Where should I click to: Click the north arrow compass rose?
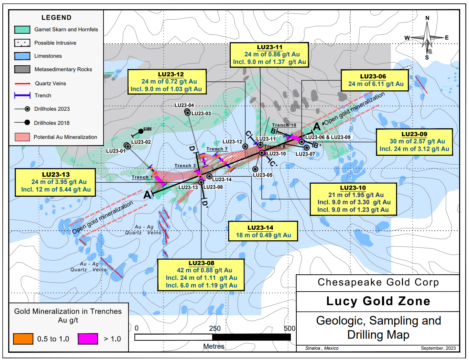(427, 38)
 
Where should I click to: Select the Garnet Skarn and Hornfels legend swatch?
(22, 30)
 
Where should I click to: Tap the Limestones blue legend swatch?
(22, 56)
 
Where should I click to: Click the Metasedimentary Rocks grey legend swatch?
(22, 69)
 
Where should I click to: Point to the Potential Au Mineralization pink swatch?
(22, 137)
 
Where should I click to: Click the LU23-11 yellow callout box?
(269, 55)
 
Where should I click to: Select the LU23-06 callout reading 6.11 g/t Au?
(374, 80)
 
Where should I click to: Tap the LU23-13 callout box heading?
(56, 175)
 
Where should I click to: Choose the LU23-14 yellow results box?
(263, 231)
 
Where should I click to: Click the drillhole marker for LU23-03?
(187, 112)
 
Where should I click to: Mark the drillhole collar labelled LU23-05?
(255, 169)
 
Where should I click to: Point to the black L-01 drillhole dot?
(141, 131)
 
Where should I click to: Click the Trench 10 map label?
(284, 125)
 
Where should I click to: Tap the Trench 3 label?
(185, 166)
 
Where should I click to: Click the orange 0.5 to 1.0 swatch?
(23, 339)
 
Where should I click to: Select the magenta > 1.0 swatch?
(88, 339)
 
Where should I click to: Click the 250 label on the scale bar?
(215, 328)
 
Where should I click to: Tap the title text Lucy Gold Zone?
(378, 301)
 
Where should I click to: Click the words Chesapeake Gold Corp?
(378, 282)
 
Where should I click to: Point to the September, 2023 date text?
(438, 348)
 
